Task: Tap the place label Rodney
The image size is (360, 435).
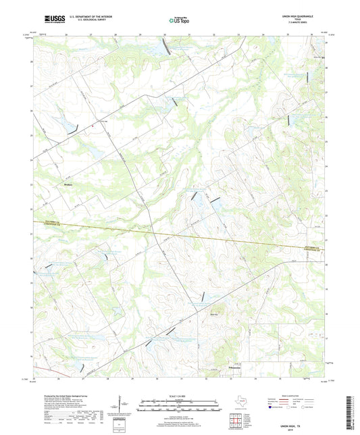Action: (67, 183)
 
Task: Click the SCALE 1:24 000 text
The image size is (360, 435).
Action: (179, 395)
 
